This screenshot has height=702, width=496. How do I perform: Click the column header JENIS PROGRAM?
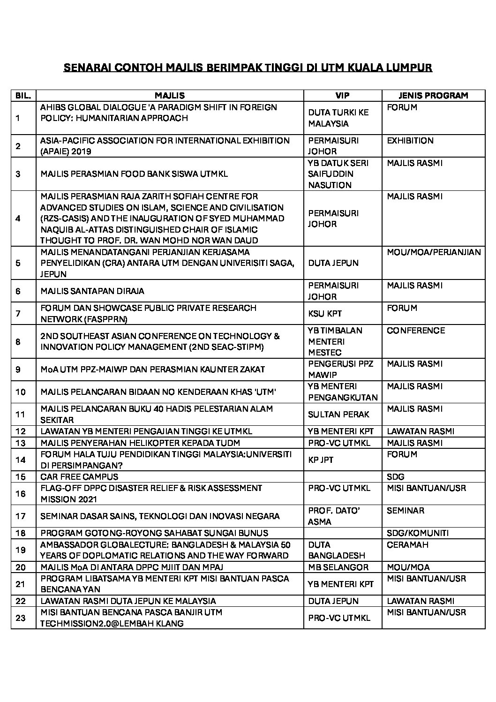(x=433, y=96)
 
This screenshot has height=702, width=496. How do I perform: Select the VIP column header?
(x=342, y=96)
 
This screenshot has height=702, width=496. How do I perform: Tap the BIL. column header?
(x=23, y=96)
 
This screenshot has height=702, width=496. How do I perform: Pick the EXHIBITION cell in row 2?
(x=410, y=141)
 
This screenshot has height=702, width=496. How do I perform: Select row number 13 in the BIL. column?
(x=20, y=443)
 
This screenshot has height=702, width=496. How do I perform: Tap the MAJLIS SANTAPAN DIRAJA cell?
(x=92, y=291)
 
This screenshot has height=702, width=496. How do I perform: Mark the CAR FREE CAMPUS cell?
(x=79, y=476)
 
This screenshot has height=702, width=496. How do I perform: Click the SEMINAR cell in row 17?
(x=405, y=511)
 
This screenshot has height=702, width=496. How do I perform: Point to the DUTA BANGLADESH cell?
(x=336, y=550)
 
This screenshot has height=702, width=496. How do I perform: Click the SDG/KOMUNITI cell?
(x=418, y=533)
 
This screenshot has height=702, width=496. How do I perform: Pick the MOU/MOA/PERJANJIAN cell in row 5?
(x=434, y=252)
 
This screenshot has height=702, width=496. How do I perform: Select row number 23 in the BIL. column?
(x=20, y=618)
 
